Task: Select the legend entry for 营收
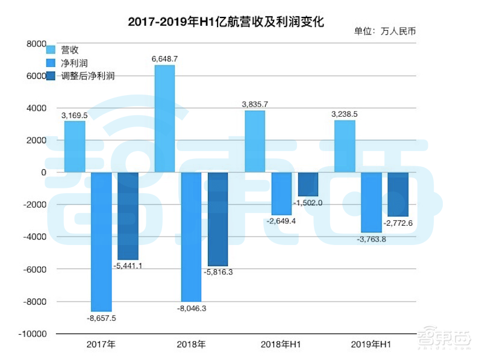tap(70, 49)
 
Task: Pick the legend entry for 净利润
tap(75, 63)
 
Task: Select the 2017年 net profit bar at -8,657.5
tap(101, 241)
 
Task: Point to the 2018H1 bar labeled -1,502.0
tap(308, 184)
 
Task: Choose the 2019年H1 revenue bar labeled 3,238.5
tap(345, 146)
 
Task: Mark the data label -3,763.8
tap(371, 239)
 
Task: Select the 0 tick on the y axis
tap(43, 172)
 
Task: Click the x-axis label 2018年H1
tap(281, 345)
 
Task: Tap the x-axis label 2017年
tap(101, 345)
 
